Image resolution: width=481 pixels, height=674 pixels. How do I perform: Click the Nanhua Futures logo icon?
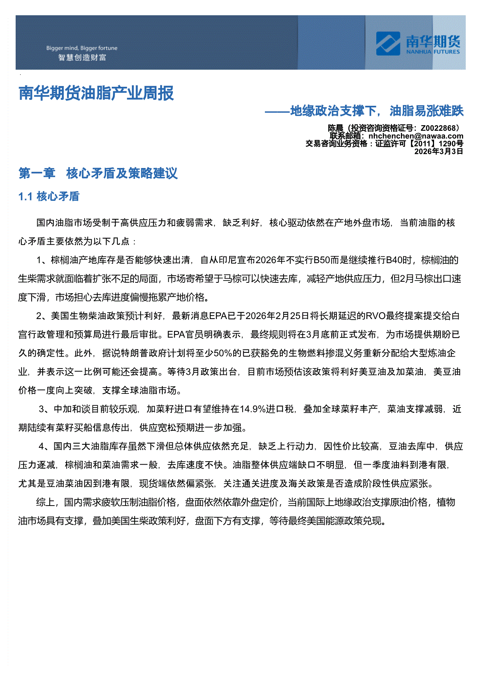point(388,44)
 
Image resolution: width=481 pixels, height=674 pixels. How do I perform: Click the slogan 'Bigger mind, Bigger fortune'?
point(82,48)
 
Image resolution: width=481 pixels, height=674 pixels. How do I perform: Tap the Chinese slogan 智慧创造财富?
point(82,58)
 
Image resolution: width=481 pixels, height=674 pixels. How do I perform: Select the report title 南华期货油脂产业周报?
point(96,93)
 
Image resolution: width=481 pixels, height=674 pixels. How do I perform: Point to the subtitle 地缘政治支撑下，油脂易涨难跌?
point(377,111)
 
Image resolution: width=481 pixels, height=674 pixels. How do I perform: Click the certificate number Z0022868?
point(438,128)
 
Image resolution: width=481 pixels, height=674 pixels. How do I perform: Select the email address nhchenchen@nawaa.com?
point(416,136)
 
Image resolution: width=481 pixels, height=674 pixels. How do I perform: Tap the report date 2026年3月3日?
point(439,151)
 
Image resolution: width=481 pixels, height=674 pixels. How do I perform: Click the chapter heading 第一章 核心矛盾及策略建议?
point(98,173)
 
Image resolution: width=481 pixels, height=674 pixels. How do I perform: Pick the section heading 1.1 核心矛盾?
point(49,196)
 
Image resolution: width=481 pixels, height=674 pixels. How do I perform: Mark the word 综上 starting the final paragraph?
point(45,502)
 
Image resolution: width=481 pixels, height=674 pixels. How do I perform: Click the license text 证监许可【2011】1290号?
point(419,144)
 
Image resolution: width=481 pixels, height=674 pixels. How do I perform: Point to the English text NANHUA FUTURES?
point(433,52)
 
